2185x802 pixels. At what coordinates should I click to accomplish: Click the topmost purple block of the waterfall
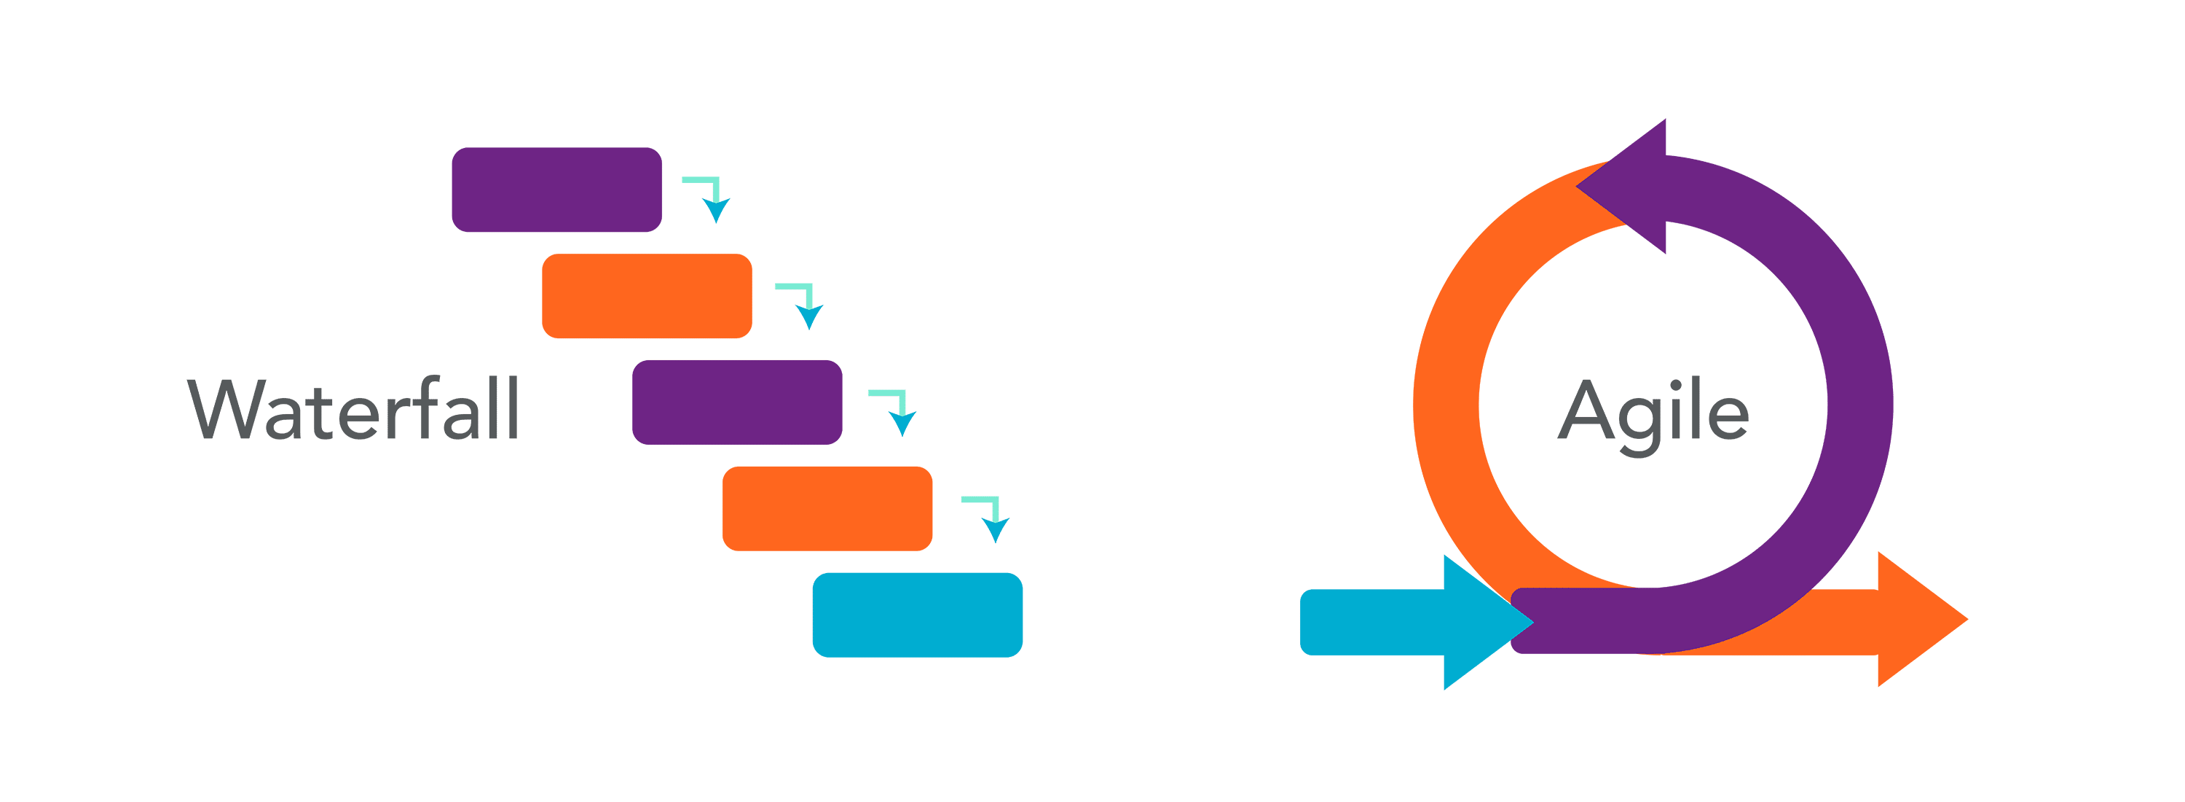556,190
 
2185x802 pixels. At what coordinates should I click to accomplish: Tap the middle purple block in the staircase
737,402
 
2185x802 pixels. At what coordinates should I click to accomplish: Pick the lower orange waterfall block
827,508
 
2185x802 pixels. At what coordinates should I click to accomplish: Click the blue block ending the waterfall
918,615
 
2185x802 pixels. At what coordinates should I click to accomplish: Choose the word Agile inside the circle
1653,413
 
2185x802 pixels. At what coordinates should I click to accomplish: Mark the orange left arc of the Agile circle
1447,408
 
